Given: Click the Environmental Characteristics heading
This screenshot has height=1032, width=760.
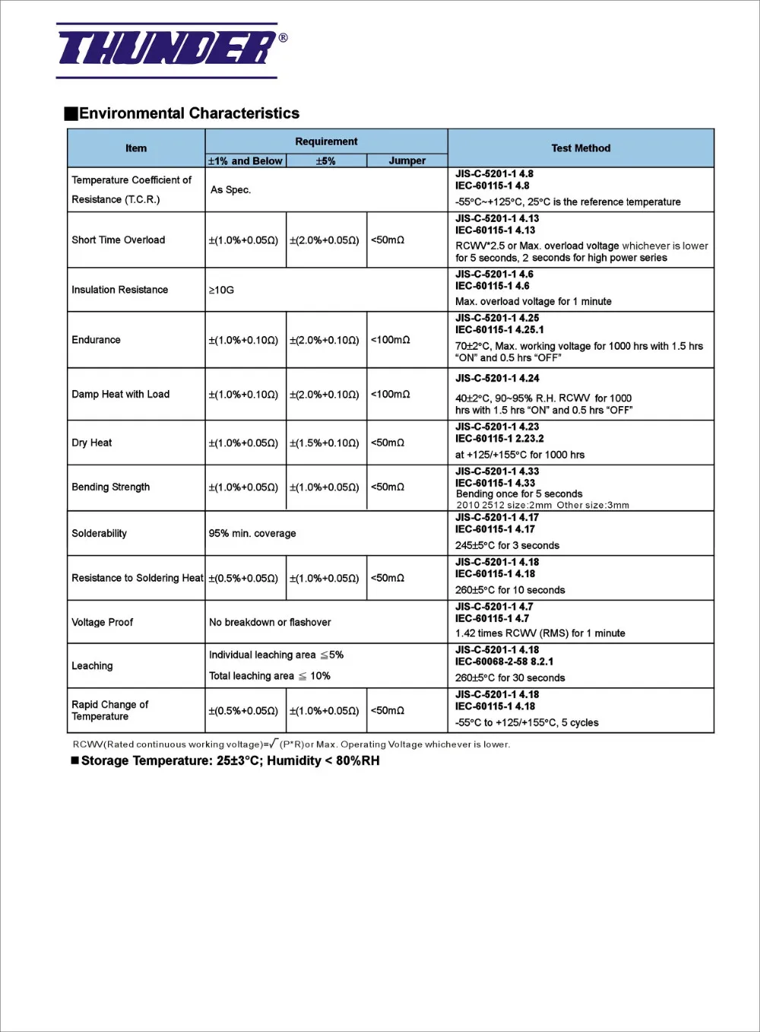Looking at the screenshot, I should tap(188, 113).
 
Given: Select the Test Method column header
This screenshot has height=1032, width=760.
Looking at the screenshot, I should tap(581, 148).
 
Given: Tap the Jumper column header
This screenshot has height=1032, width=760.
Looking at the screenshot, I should tap(407, 160).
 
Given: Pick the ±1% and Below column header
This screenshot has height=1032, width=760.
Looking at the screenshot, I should tap(245, 160).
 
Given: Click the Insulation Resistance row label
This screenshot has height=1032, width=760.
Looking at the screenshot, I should tap(120, 290).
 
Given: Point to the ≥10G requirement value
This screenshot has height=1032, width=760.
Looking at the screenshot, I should tap(221, 290).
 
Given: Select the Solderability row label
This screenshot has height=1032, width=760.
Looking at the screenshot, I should tap(100, 533).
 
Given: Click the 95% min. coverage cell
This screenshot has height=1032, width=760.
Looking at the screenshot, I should tap(252, 533).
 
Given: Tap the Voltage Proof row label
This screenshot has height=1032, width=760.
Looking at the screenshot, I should tap(103, 622).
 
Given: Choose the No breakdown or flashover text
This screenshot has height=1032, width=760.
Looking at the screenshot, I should tap(270, 622).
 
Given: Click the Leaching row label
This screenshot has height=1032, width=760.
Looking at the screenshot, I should tap(92, 665).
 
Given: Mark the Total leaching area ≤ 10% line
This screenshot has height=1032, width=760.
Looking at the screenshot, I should tap(270, 676).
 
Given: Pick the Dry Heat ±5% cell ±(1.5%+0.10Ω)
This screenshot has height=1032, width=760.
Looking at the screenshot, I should tap(325, 443).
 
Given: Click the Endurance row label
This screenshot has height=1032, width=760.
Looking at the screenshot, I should tap(97, 340).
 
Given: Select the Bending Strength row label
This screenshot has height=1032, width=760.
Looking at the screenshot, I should tap(111, 487).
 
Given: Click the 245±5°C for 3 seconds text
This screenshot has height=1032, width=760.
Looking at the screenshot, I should tap(507, 545).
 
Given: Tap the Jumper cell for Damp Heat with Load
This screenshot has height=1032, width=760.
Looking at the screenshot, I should tap(391, 394).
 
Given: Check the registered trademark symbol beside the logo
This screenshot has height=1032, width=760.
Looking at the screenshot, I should tap(283, 37).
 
